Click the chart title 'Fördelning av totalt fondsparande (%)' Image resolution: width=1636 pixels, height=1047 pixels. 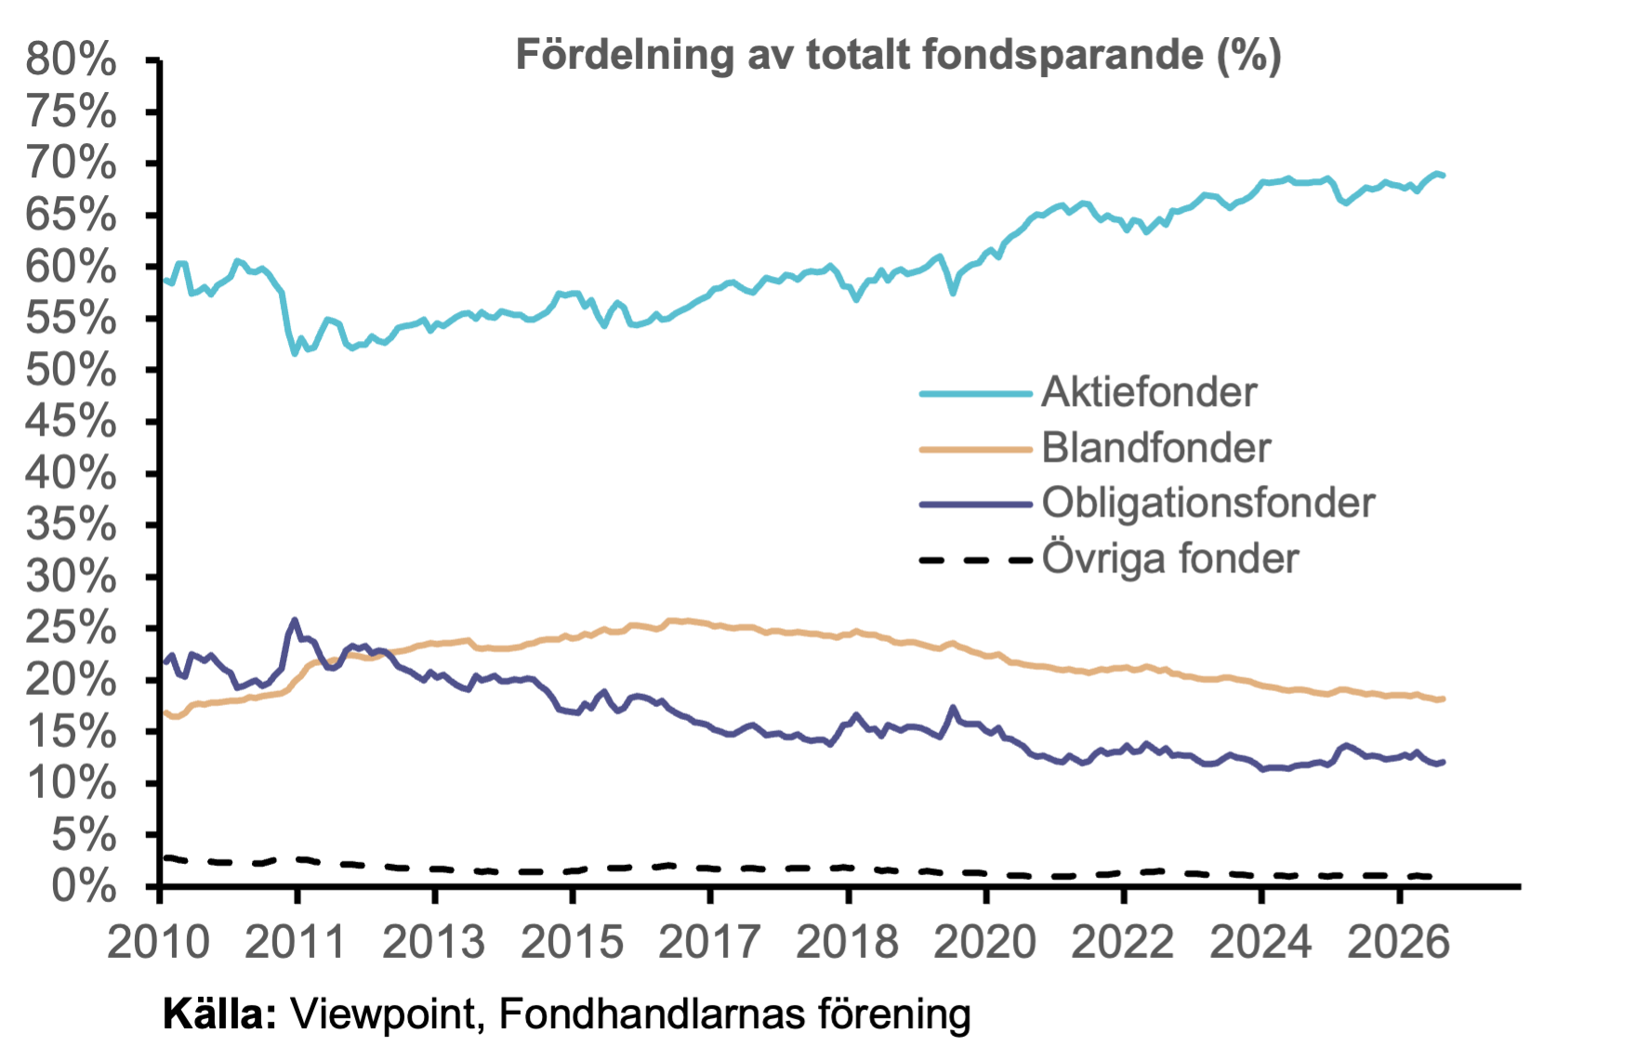point(898,55)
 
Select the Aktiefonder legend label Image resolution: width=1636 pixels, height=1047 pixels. point(1149,392)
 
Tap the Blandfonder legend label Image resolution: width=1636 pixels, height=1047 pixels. point(1155,448)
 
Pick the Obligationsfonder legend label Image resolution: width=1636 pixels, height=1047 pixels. point(1208,504)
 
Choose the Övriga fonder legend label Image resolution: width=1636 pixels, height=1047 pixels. point(1170,558)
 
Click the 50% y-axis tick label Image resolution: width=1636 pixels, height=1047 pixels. point(72,371)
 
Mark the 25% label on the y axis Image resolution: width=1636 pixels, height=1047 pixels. point(72,629)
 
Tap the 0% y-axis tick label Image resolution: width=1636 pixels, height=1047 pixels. point(84,887)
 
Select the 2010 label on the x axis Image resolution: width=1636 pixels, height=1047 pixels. point(159,942)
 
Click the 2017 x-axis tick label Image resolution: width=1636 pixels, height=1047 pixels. point(709,942)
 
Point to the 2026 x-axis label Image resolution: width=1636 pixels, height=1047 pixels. point(1398,942)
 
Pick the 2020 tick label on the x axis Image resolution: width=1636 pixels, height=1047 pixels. point(984,942)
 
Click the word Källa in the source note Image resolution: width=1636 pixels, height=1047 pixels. point(220,1014)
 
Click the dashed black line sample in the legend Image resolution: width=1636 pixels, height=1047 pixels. point(976,560)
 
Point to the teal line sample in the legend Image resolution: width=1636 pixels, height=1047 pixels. point(976,394)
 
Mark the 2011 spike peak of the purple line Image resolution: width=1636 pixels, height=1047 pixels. point(295,619)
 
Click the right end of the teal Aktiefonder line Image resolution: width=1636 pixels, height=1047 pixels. point(1443,175)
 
